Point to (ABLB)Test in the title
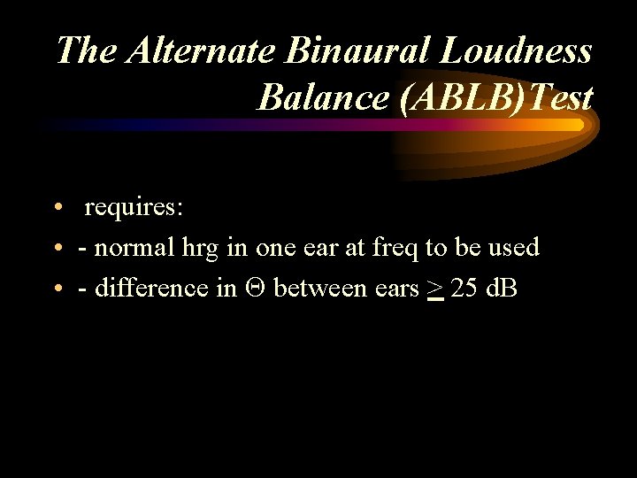(496, 97)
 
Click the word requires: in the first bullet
(134, 208)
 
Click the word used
(513, 248)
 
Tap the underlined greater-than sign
(434, 289)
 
